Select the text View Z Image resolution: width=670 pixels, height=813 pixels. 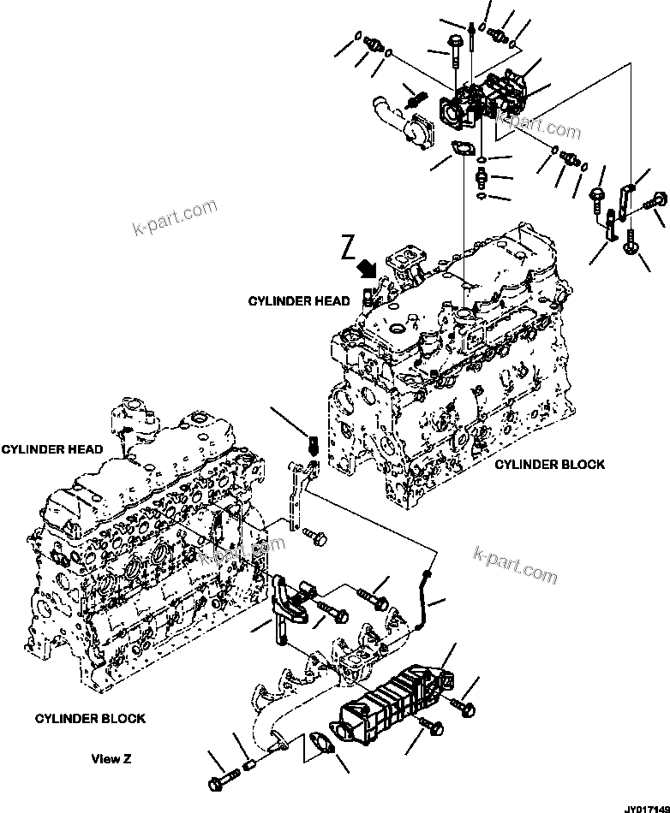pos(111,759)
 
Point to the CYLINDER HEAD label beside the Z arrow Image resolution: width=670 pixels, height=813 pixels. pos(299,300)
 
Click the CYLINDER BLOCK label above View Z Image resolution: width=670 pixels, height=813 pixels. pos(90,718)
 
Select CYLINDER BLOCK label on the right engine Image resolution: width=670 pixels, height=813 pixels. pos(549,464)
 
